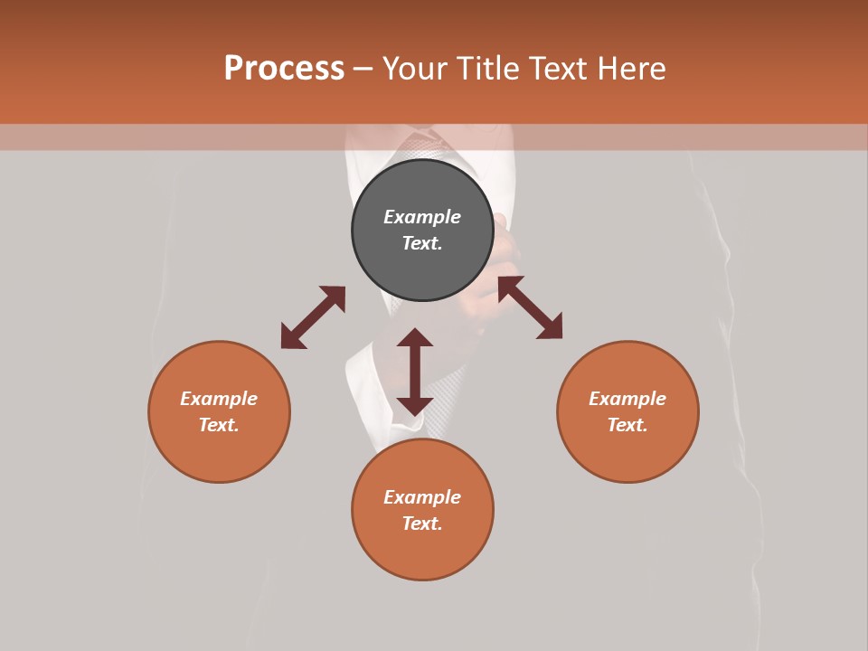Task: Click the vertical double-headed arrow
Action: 415,372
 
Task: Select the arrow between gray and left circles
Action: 313,317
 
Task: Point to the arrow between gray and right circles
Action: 530,307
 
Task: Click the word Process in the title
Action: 284,69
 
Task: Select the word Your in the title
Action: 413,69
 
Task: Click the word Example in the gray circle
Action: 422,217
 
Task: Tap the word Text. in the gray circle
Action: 422,243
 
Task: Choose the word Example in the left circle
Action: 219,399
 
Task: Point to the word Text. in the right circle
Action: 627,425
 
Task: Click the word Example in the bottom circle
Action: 422,497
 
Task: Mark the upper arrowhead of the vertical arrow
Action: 415,337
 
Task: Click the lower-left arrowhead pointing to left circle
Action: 291,338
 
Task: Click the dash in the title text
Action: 363,70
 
